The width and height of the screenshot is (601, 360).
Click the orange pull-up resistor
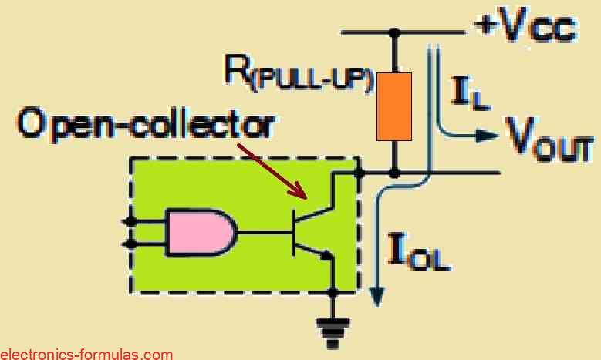(x=394, y=106)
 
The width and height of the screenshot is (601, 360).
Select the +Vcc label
(x=525, y=29)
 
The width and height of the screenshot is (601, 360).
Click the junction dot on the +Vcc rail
(x=394, y=32)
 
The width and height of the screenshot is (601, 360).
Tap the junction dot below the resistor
(x=394, y=174)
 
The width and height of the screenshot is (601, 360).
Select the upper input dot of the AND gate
(x=131, y=220)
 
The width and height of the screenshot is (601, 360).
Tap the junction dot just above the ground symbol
(x=334, y=291)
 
